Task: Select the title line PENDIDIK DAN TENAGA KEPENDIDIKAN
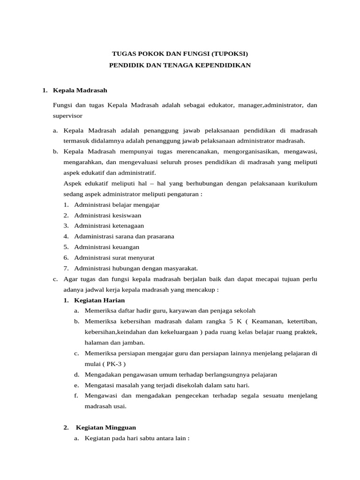click(180, 65)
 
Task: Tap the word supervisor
click(68, 115)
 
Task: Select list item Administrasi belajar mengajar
click(117, 204)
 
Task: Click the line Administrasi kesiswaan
click(107, 215)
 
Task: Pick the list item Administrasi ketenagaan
click(109, 225)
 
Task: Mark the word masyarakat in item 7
click(180, 268)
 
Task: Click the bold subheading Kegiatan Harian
click(99, 300)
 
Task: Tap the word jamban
click(133, 342)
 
